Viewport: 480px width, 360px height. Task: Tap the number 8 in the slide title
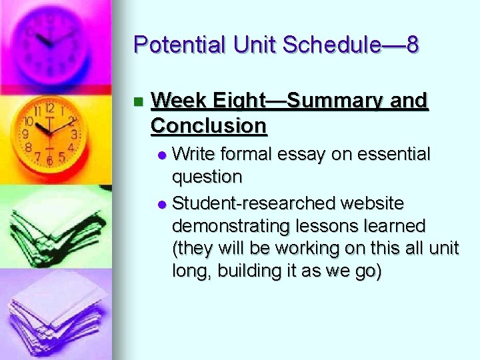[412, 45]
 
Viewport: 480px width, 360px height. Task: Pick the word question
[207, 177]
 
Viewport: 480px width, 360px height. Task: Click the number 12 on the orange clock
[49, 107]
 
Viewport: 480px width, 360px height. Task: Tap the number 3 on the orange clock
[74, 134]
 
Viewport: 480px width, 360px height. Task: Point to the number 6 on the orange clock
[50, 161]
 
